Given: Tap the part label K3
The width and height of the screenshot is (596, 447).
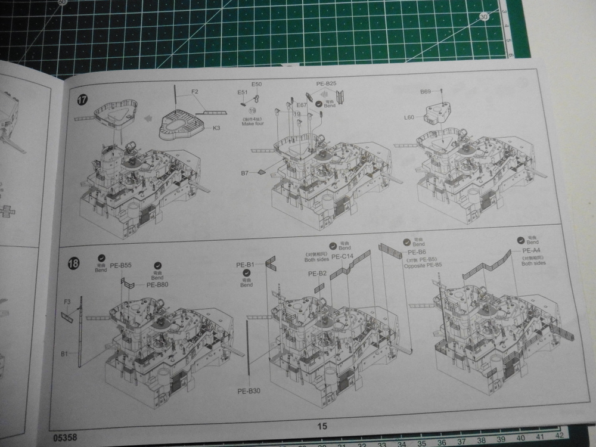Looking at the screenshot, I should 217,128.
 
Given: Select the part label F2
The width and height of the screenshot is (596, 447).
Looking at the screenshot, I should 195,92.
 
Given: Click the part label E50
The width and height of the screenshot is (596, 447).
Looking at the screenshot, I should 256,85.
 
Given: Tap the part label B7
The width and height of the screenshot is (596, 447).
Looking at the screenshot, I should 244,173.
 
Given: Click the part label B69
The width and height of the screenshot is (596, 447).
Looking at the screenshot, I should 425,92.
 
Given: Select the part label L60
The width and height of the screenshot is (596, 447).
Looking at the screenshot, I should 409,117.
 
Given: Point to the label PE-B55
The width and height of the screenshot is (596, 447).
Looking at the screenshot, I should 120,265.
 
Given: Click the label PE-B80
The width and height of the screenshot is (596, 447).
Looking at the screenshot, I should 157,285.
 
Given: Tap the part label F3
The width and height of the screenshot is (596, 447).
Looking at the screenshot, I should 67,302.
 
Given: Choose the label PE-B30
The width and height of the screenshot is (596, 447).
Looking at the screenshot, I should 249,391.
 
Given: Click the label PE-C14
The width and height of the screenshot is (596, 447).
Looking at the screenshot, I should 343,257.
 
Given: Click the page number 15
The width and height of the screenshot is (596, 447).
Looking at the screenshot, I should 322,426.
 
